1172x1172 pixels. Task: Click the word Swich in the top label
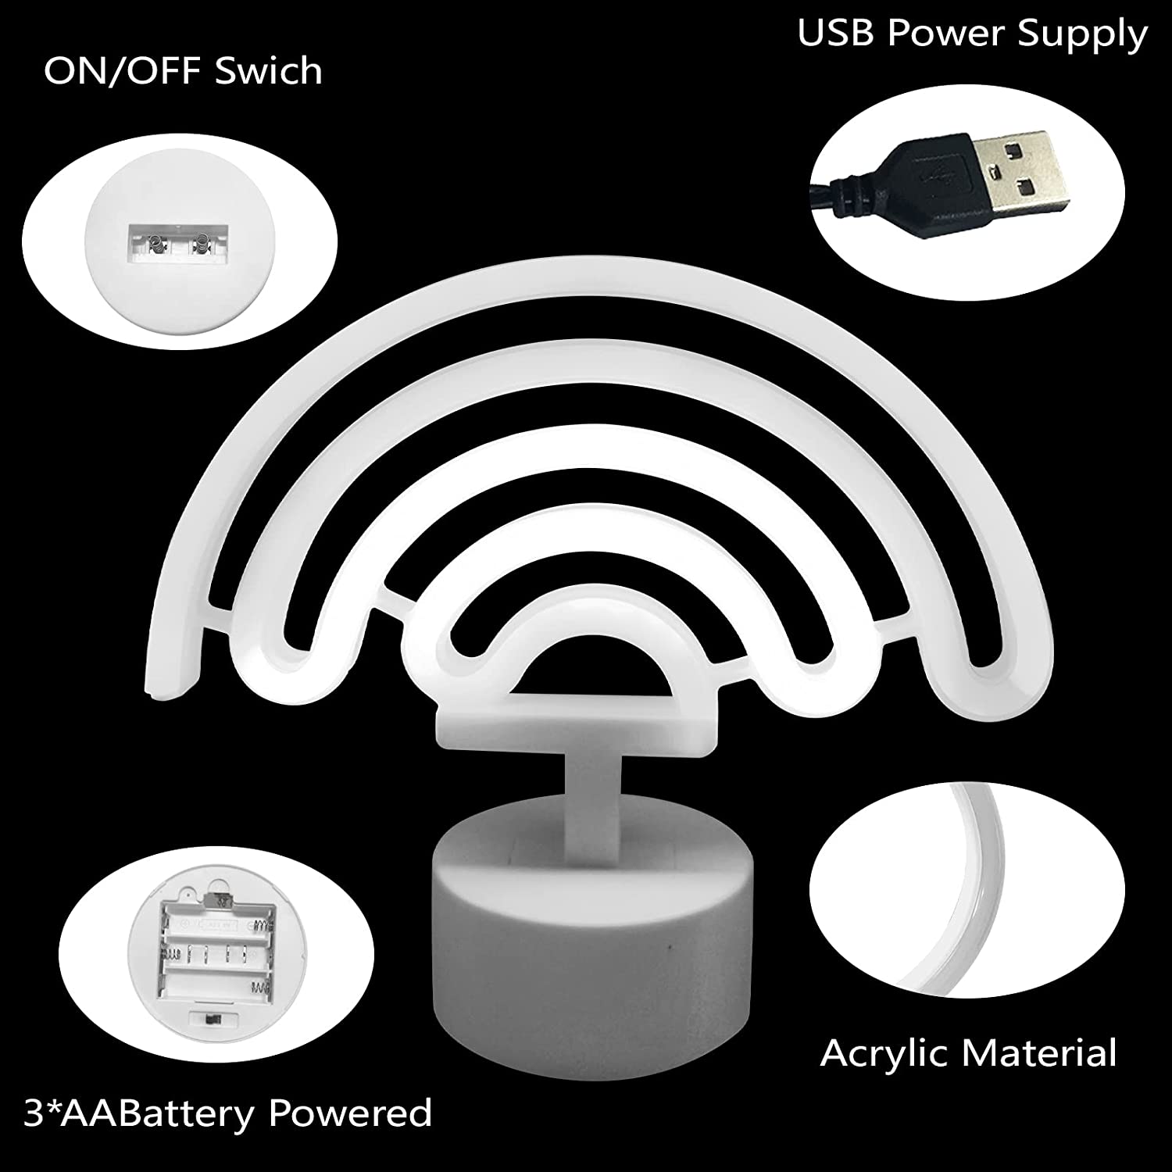point(268,71)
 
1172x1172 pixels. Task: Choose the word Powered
point(351,1111)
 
